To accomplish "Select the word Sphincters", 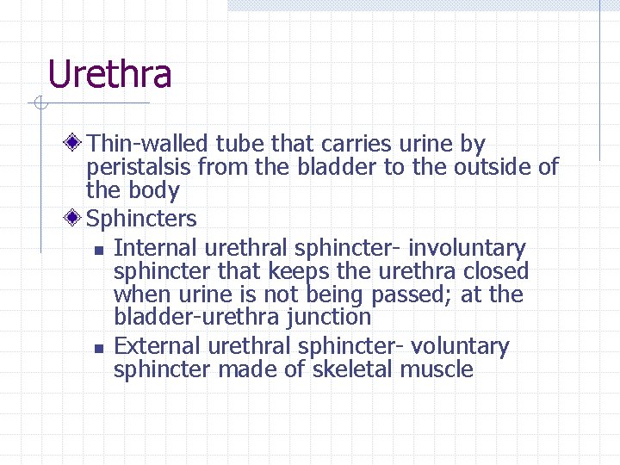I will tap(142, 219).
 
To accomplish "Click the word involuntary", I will tap(467, 248).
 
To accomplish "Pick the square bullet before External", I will tap(99, 349).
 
